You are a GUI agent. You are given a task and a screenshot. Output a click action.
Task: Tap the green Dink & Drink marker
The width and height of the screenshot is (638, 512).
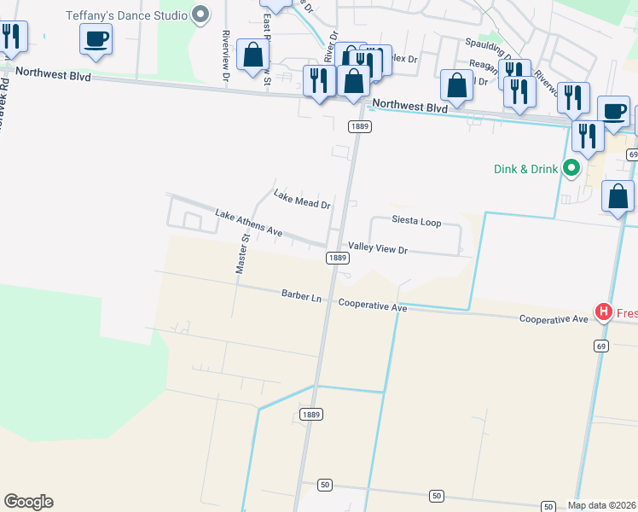[574, 169]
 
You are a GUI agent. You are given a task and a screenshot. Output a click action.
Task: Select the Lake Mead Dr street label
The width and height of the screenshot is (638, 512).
[301, 200]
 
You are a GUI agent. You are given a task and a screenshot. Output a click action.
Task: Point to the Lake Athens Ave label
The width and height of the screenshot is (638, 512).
[248, 224]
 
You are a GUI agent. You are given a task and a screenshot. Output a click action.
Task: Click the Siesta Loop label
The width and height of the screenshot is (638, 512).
[416, 222]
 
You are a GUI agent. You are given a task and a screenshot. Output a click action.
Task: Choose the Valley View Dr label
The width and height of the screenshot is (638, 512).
[378, 250]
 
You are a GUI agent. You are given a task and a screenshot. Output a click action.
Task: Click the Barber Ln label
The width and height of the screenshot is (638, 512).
[302, 296]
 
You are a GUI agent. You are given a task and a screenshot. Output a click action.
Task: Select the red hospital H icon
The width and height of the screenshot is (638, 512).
[604, 313]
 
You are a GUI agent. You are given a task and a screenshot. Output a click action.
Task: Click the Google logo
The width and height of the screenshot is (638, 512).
[28, 502]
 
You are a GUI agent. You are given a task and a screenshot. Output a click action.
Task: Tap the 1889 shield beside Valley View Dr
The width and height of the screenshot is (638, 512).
[338, 258]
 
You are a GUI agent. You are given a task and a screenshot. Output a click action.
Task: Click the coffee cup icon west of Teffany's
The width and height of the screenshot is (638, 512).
[96, 38]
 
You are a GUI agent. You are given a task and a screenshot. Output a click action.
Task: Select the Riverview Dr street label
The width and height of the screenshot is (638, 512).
[226, 55]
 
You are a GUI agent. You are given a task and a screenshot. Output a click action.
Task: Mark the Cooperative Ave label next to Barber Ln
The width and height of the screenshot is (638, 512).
[373, 305]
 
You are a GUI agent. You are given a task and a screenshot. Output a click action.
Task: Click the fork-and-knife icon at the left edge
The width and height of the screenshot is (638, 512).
[12, 37]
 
